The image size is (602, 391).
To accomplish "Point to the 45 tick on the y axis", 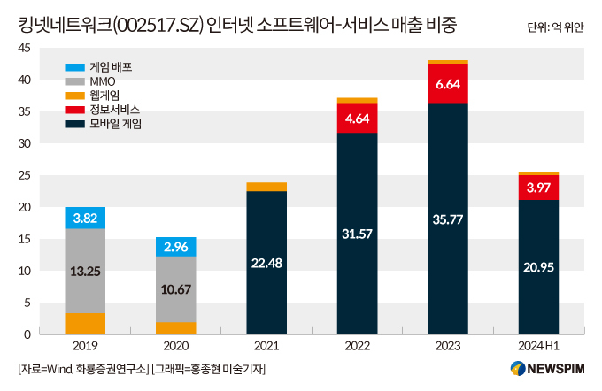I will click(x=25, y=49).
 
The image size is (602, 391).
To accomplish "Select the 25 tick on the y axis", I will click(x=25, y=175).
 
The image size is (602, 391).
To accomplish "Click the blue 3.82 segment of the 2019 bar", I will click(x=85, y=218).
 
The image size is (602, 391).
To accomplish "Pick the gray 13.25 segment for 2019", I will click(x=85, y=271).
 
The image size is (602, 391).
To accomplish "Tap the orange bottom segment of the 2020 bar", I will click(x=175, y=328).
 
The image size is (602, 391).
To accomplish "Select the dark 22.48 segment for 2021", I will click(x=266, y=263).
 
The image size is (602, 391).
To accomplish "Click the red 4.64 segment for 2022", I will click(x=357, y=119).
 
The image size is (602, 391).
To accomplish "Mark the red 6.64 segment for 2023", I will click(x=448, y=84).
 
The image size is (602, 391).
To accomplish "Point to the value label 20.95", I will click(x=538, y=267).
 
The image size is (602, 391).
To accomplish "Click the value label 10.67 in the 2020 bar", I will click(x=175, y=288).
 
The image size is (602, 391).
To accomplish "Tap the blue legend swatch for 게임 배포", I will click(x=75, y=66).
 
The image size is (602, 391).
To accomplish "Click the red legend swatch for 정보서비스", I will click(x=75, y=110).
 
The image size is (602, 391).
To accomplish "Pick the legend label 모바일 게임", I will click(x=116, y=124).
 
